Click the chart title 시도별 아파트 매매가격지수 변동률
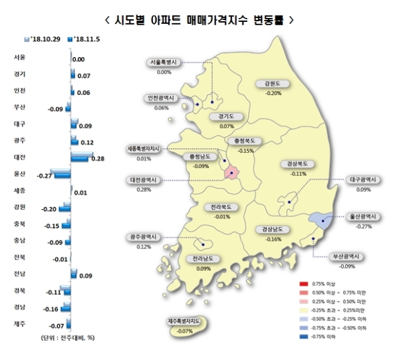[x=199, y=20]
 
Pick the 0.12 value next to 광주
[x=86, y=142]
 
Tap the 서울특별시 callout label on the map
[x=165, y=63]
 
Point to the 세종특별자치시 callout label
[x=144, y=149]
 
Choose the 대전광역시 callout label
[x=146, y=180]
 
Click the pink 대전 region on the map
[x=232, y=173]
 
